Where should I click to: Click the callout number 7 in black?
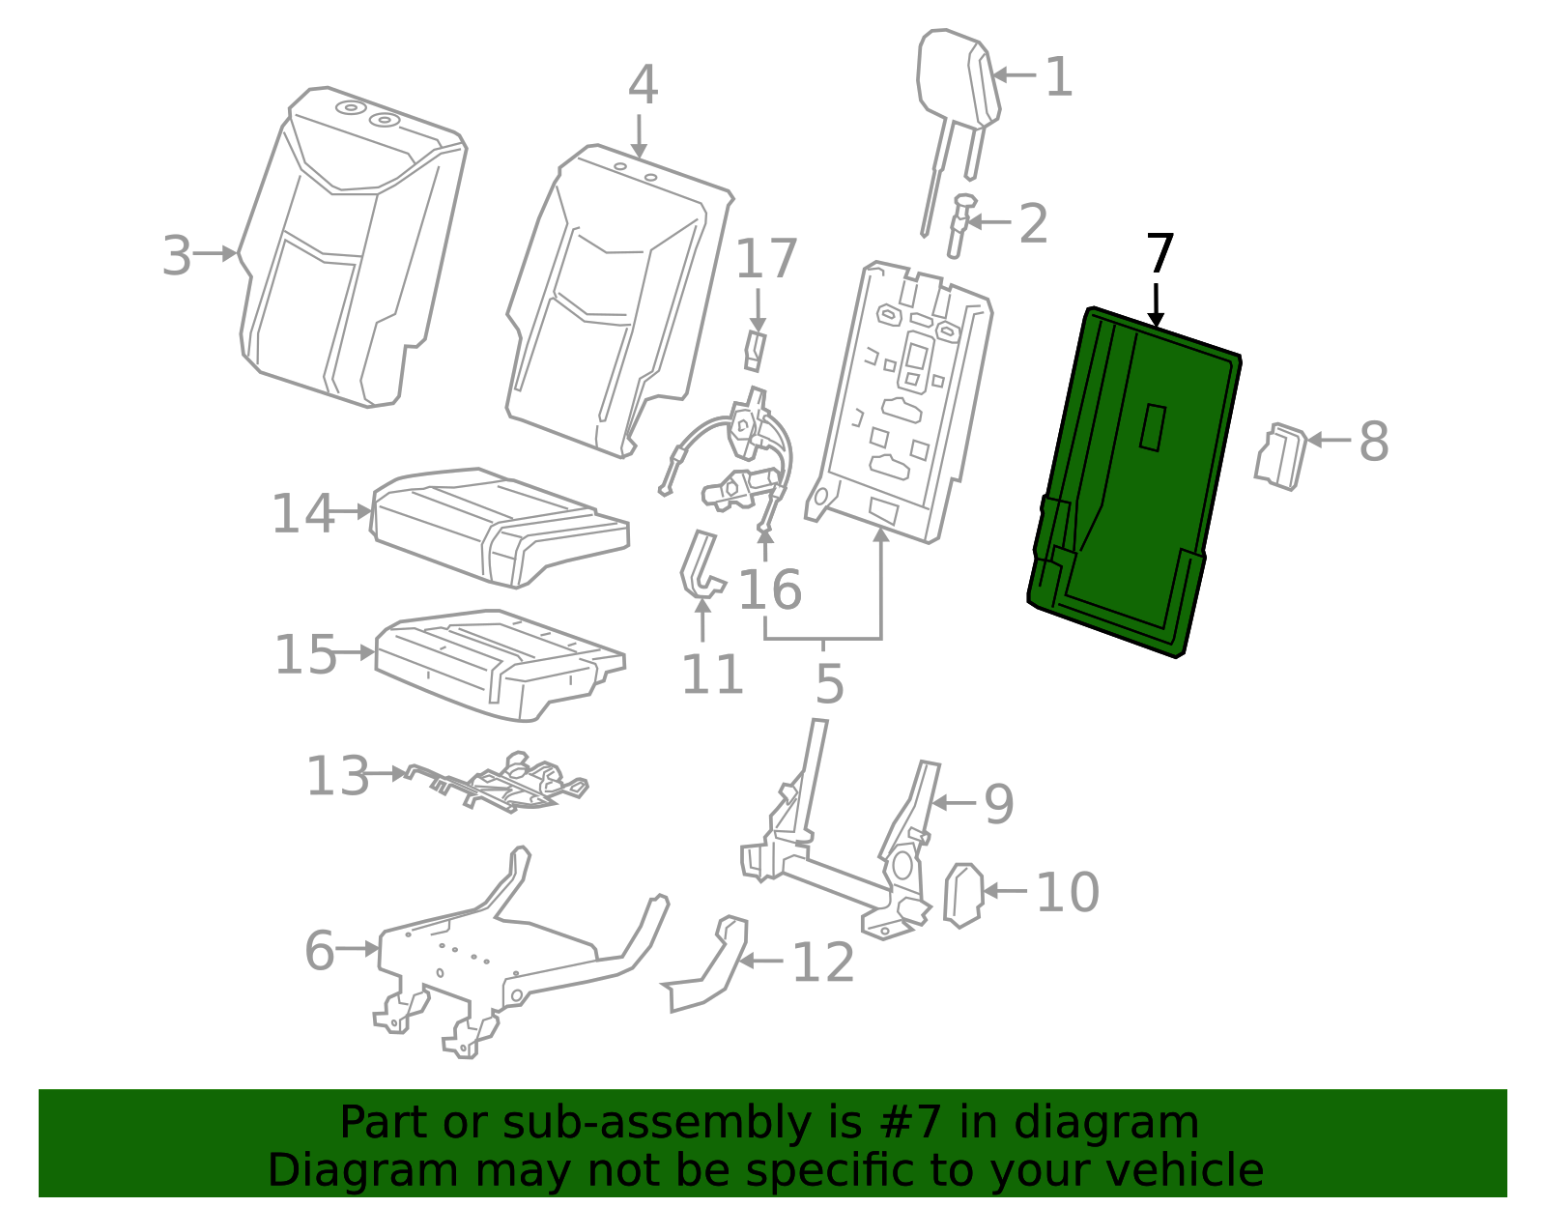[x=1159, y=255]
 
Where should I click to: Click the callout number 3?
[x=177, y=256]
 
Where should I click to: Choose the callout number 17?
[x=766, y=259]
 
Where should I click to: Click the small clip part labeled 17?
[x=756, y=351]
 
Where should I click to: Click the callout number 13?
[x=337, y=776]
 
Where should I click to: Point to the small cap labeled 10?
[x=963, y=895]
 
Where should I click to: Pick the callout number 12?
[x=823, y=963]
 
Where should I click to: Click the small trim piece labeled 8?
[x=1281, y=455]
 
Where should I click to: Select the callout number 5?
[x=829, y=683]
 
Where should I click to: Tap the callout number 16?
[x=769, y=589]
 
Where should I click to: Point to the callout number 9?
[x=999, y=804]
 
